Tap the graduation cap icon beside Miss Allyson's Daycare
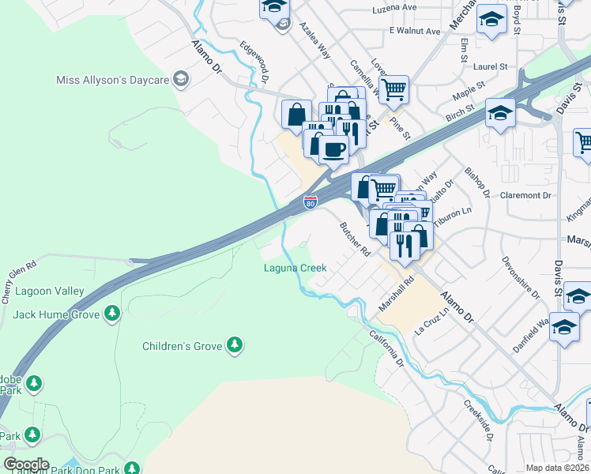coord(181,79)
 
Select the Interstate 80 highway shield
coord(311,203)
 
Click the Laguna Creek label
coord(295,268)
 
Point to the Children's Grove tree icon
coord(234,345)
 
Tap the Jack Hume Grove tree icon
coord(112,314)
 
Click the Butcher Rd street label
coord(355,239)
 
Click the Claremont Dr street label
coord(525,195)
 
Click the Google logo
coord(26,465)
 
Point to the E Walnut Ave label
coord(414,31)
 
